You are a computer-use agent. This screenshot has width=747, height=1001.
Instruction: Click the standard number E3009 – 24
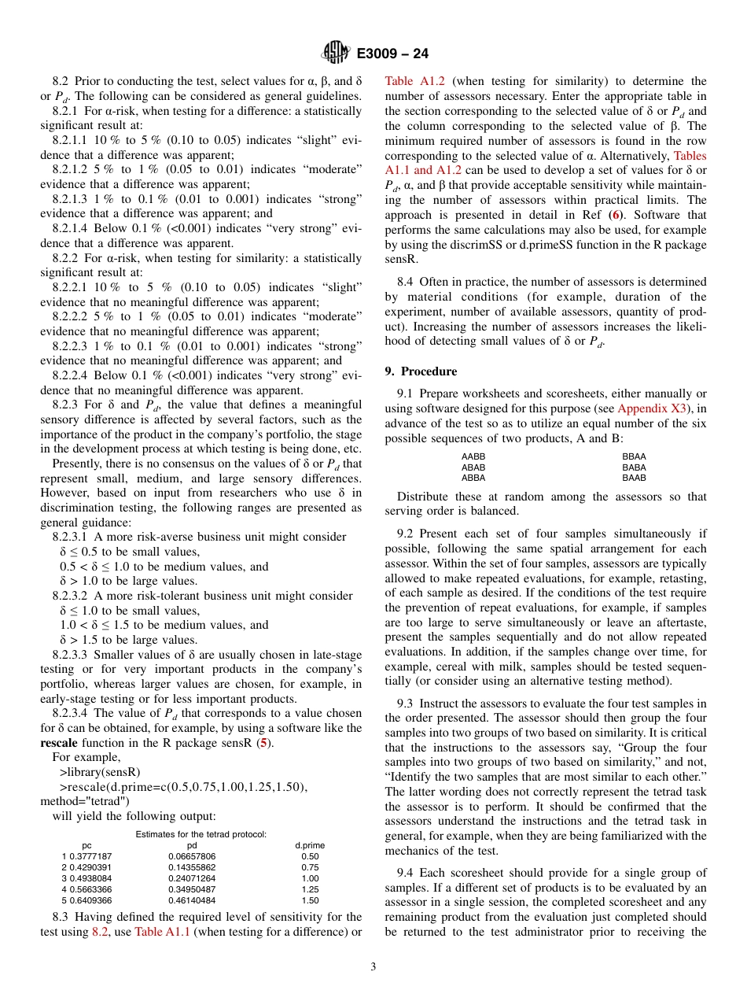coord(392,54)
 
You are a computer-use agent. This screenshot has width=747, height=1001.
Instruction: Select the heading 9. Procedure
coord(421,371)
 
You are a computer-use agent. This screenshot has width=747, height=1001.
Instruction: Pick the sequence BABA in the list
coord(634,467)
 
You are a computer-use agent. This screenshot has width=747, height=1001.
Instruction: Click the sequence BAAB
coord(634,478)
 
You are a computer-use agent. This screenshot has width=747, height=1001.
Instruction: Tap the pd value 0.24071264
coord(192,878)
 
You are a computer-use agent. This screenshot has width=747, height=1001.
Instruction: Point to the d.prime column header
coord(310,845)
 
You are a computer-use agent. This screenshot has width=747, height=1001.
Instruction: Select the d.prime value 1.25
coord(310,889)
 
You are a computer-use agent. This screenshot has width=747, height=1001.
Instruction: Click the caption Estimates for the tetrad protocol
coord(201,834)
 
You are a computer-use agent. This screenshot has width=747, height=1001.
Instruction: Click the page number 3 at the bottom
coord(373,967)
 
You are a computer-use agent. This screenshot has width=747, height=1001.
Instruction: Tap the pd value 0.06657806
coord(192,856)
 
